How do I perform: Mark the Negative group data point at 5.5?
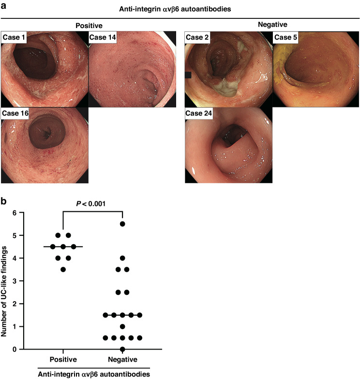click(123, 224)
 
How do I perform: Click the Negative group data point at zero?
click(123, 349)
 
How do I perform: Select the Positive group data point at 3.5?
click(63, 269)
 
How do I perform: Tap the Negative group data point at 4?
click(123, 258)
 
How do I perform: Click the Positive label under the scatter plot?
click(63, 359)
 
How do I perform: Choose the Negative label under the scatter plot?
click(123, 359)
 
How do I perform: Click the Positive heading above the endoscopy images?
click(89, 25)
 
